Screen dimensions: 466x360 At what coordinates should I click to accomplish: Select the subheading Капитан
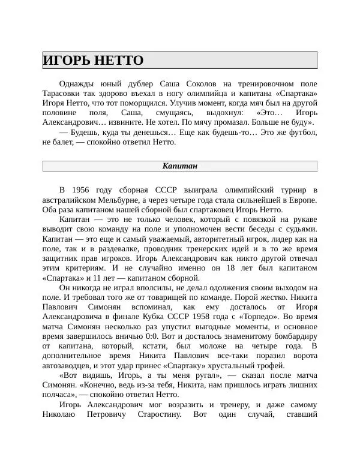(180, 166)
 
